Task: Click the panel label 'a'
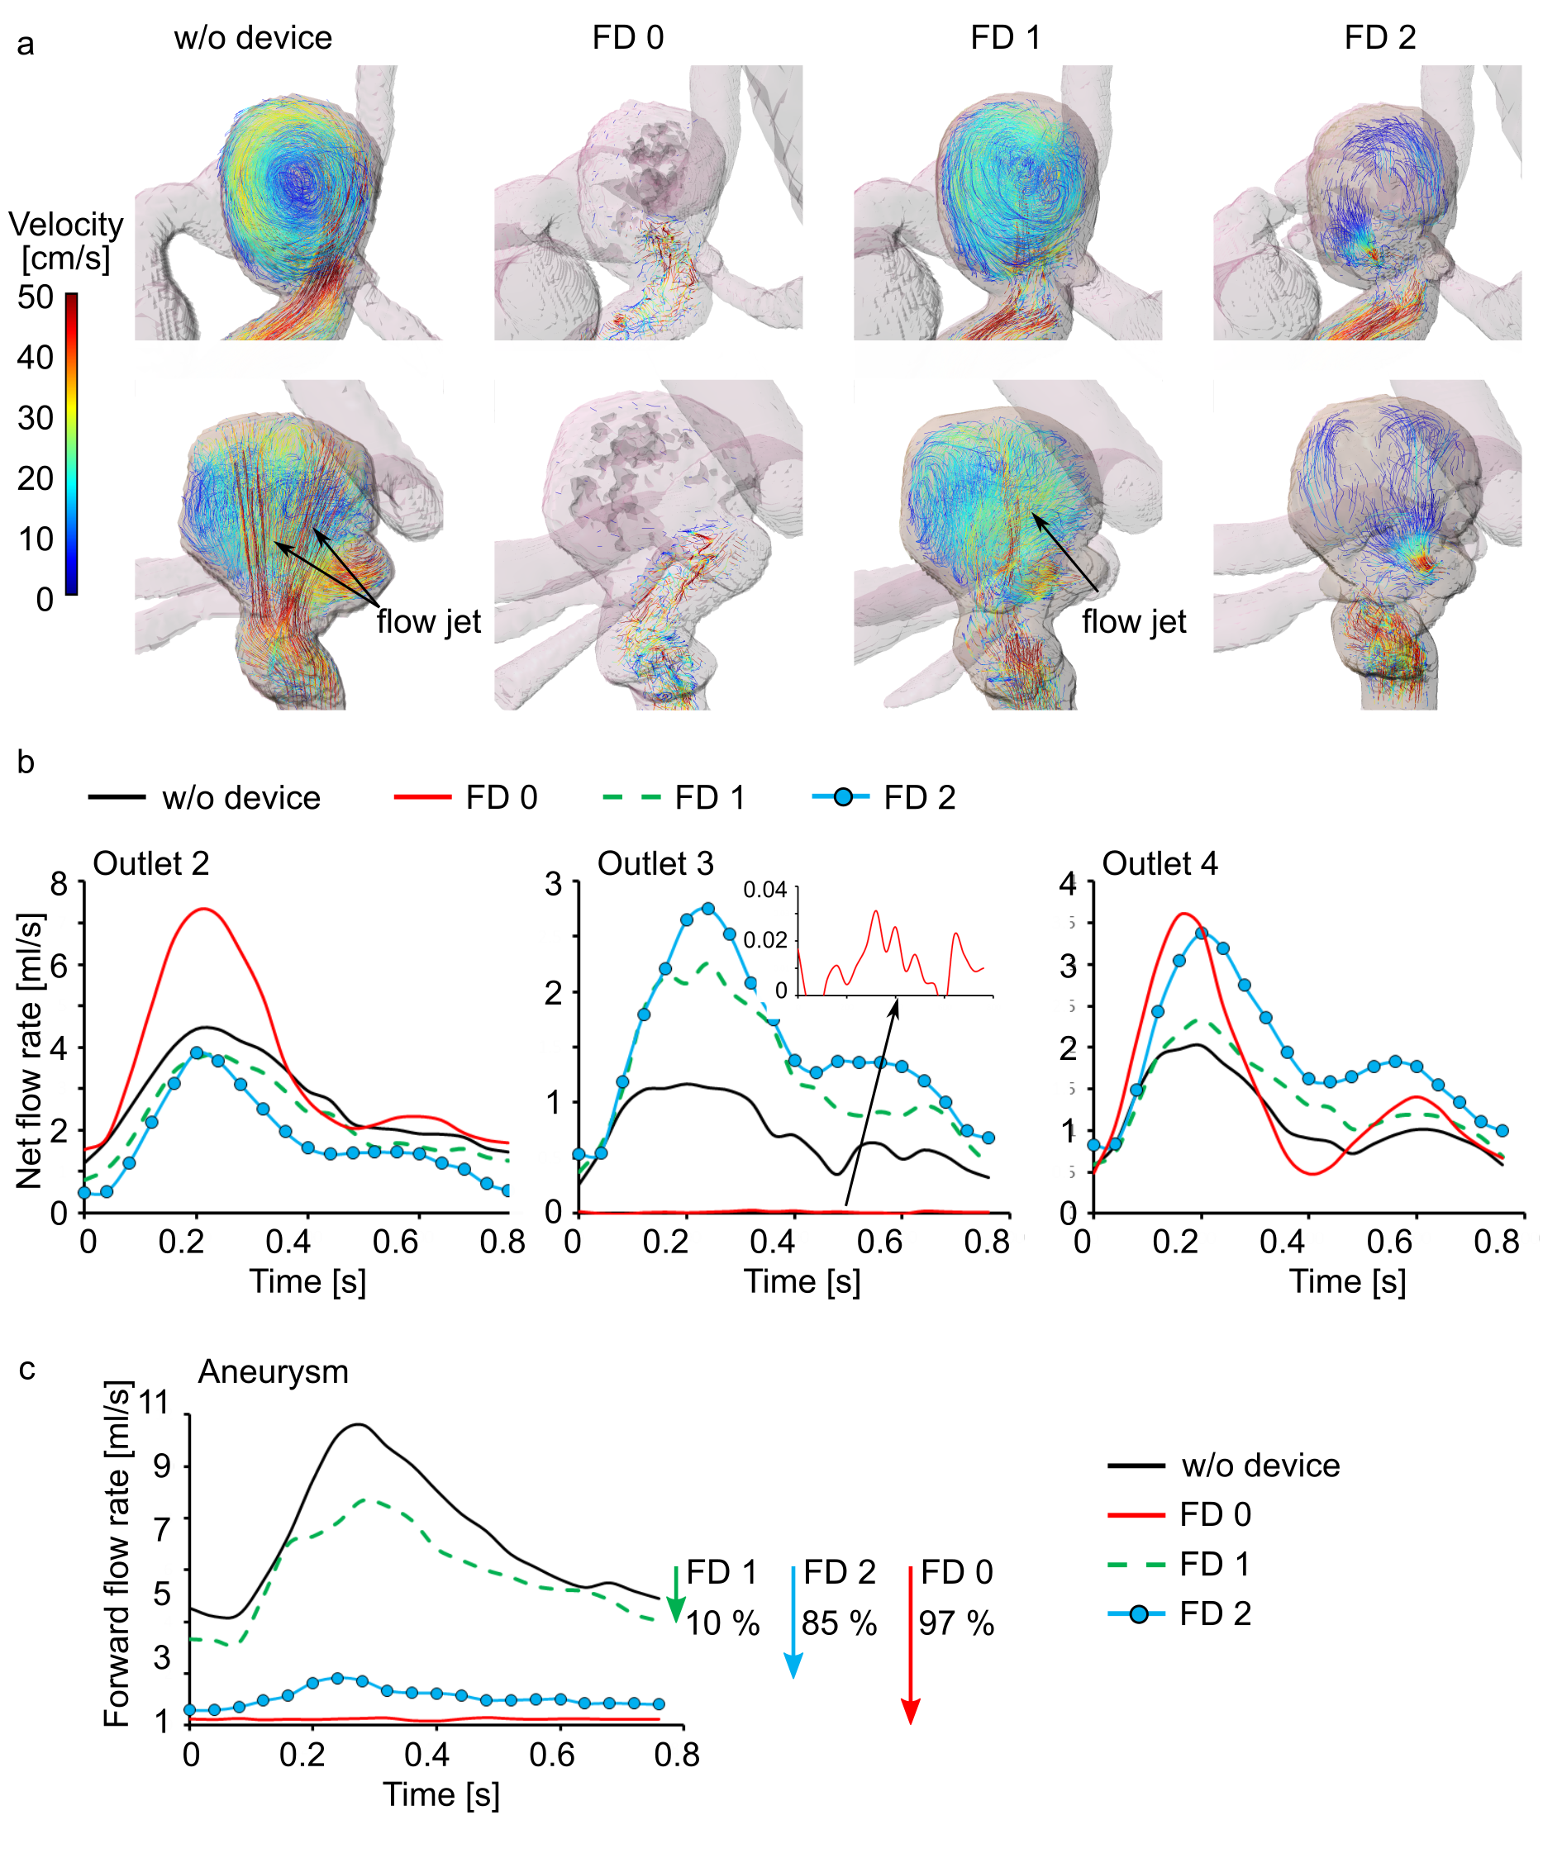tap(26, 43)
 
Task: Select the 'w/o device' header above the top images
tap(253, 37)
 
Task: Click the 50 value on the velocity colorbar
tap(36, 297)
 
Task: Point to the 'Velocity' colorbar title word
tap(66, 224)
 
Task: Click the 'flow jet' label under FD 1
tap(1133, 621)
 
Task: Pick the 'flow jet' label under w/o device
tap(428, 621)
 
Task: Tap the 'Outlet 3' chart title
tap(655, 863)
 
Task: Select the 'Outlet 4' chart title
tap(1159, 863)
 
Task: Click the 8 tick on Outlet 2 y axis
tap(60, 883)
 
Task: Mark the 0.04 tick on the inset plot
tap(765, 890)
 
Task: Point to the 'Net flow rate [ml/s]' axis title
tap(30, 1050)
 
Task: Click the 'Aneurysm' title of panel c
tap(273, 1371)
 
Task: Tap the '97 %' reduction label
tap(955, 1623)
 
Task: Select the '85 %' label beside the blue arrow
tap(839, 1623)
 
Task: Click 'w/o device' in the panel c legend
tap(1260, 1466)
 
